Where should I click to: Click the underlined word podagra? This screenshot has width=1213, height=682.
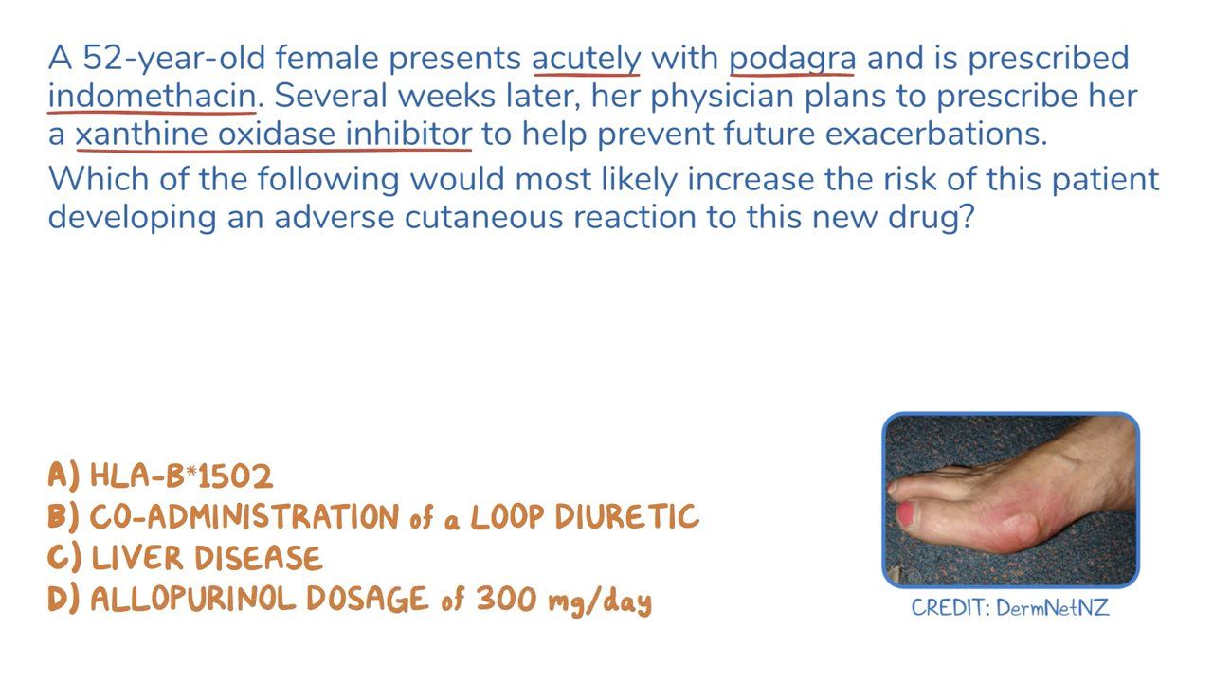click(x=792, y=60)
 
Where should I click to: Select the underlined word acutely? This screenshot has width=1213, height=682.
click(x=587, y=60)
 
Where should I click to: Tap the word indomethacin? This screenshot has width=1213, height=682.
click(x=153, y=96)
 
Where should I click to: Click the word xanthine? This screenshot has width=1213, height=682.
click(x=141, y=134)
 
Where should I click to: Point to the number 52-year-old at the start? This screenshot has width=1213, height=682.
click(x=173, y=59)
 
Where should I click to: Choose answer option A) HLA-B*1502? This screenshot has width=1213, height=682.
click(x=160, y=476)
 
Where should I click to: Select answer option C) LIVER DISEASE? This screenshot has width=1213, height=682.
click(x=185, y=558)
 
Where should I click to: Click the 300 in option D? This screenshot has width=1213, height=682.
click(x=506, y=600)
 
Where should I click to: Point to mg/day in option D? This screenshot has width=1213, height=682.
click(x=600, y=601)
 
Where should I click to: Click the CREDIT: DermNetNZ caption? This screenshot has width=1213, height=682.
click(x=1010, y=607)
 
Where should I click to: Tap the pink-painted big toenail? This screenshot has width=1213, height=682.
click(x=906, y=514)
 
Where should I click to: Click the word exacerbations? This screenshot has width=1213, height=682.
click(x=936, y=134)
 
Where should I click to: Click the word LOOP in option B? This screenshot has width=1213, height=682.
click(x=507, y=516)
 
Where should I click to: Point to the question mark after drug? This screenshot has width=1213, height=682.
click(x=966, y=217)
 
